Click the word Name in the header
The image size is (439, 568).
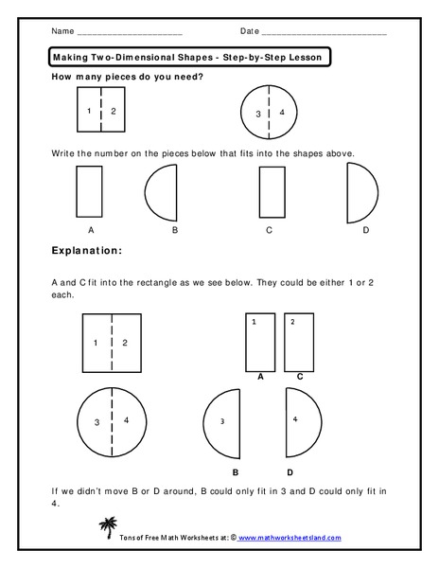point(61,31)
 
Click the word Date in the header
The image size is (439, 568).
point(249,31)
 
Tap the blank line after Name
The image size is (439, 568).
point(129,34)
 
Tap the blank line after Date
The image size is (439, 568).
point(324,34)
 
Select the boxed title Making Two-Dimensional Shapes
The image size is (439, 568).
point(187,58)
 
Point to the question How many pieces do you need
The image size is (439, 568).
point(127,77)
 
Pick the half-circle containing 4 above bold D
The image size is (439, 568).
point(298,422)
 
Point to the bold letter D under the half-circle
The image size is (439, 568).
point(290,470)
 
